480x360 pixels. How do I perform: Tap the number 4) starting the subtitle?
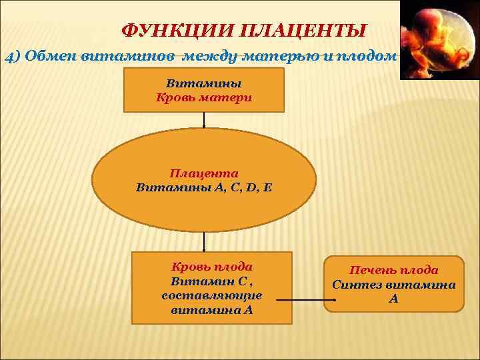coord(14,56)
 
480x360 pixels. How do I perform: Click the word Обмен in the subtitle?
coord(49,56)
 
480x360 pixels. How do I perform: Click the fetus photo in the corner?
coord(439,40)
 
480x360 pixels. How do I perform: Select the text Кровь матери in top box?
coord(203,97)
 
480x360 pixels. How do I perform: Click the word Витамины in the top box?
coord(203,84)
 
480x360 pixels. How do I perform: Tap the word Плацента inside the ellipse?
coord(203,173)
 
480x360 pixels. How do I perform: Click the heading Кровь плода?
coord(212,267)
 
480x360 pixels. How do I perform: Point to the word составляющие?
coord(212,295)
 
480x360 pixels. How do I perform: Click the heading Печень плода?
coord(394,270)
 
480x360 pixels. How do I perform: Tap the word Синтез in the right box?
coord(357,285)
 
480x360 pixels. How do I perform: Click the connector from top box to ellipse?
coord(204,120)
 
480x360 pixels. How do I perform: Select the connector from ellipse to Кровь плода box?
coord(204,241)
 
